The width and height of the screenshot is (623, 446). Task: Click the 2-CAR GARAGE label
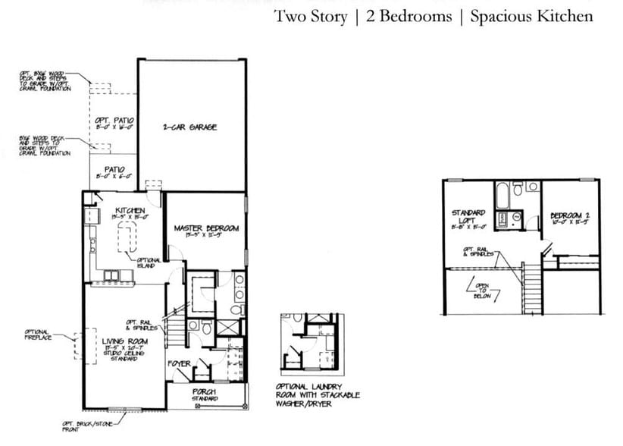(189, 127)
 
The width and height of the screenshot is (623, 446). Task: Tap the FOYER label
(179, 364)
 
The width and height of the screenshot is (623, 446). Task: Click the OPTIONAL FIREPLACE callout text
(37, 335)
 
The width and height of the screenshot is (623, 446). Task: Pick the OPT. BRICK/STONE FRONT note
(83, 426)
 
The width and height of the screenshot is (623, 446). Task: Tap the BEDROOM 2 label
(569, 218)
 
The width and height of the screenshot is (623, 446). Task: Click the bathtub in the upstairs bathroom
(502, 196)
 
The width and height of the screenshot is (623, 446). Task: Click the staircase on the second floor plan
(534, 284)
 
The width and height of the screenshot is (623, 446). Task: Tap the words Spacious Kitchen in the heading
(531, 16)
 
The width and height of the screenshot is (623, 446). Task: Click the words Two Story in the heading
(310, 16)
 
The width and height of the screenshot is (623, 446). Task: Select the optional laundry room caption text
(318, 395)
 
